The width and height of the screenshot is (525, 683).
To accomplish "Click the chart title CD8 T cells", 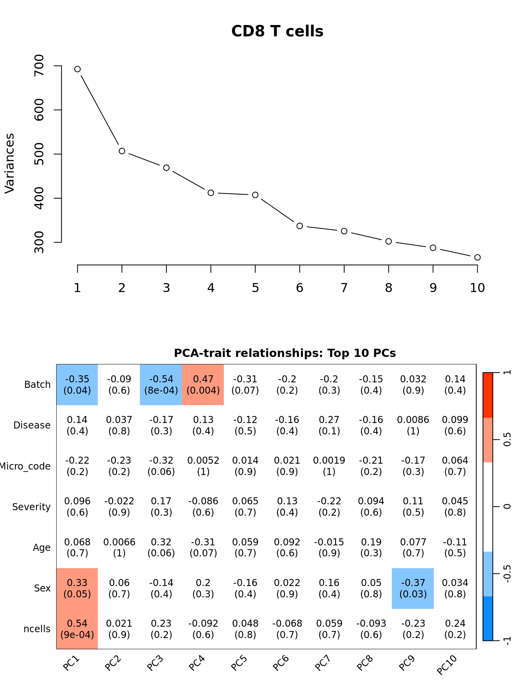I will pyautogui.click(x=277, y=31).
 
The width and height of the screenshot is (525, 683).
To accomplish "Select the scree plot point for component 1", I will pyautogui.click(x=77, y=69).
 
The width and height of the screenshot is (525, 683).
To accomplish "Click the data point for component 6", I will pyautogui.click(x=300, y=226).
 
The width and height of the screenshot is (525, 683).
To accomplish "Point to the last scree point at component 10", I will pyautogui.click(x=477, y=257).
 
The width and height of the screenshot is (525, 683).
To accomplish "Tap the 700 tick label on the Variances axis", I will pyautogui.click(x=39, y=66).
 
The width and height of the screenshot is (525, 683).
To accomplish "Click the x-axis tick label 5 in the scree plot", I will pyautogui.click(x=255, y=288).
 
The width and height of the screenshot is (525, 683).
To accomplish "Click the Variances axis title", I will pyautogui.click(x=10, y=163).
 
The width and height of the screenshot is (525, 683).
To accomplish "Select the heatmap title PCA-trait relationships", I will pyautogui.click(x=285, y=353).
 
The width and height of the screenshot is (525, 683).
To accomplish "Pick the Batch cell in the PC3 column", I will pyautogui.click(x=161, y=385).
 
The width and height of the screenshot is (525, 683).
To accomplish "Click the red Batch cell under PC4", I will pyautogui.click(x=203, y=385).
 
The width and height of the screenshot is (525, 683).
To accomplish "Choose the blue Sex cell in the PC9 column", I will pyautogui.click(x=413, y=588).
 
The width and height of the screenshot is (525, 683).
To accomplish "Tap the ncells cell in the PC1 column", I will pyautogui.click(x=77, y=629).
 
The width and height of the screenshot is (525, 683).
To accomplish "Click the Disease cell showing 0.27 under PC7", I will pyautogui.click(x=329, y=425).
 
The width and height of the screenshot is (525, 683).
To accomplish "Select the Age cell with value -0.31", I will pyautogui.click(x=203, y=547).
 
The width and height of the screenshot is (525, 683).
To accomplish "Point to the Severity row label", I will pyautogui.click(x=31, y=507).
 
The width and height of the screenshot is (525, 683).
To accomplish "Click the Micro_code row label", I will pyautogui.click(x=26, y=466).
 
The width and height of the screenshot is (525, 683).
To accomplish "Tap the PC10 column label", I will pyautogui.click(x=446, y=665).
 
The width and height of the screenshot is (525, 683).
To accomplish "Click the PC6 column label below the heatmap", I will pyautogui.click(x=280, y=663).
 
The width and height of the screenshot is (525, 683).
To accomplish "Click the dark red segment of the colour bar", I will pyautogui.click(x=488, y=395).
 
